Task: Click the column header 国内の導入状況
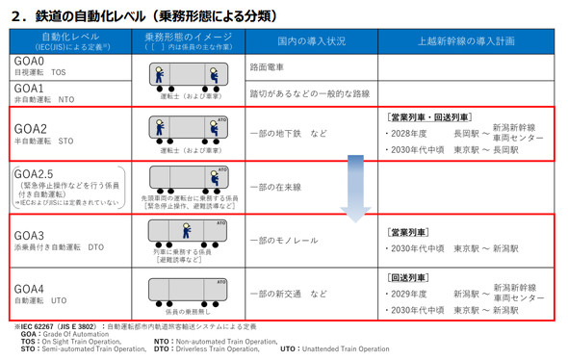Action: click(311, 41)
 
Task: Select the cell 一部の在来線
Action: click(275, 187)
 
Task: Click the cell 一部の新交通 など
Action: click(289, 294)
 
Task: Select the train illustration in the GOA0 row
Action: click(181, 76)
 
